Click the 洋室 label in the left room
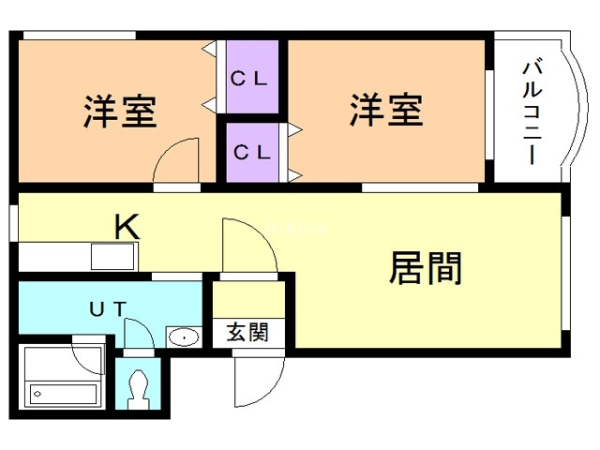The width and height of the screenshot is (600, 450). [119, 112]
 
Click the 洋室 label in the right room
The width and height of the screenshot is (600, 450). [386, 110]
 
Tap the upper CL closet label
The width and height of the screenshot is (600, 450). [250, 79]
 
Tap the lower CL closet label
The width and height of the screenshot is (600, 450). [251, 150]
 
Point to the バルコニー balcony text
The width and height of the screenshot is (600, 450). [531, 112]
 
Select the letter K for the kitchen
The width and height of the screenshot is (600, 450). [127, 226]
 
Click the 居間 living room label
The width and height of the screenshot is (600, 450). [426, 269]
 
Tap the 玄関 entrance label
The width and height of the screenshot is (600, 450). [247, 332]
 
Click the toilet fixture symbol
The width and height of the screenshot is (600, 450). [139, 386]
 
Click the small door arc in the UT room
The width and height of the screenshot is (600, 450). [138, 333]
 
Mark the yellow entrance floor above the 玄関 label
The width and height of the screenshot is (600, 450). [247, 300]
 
